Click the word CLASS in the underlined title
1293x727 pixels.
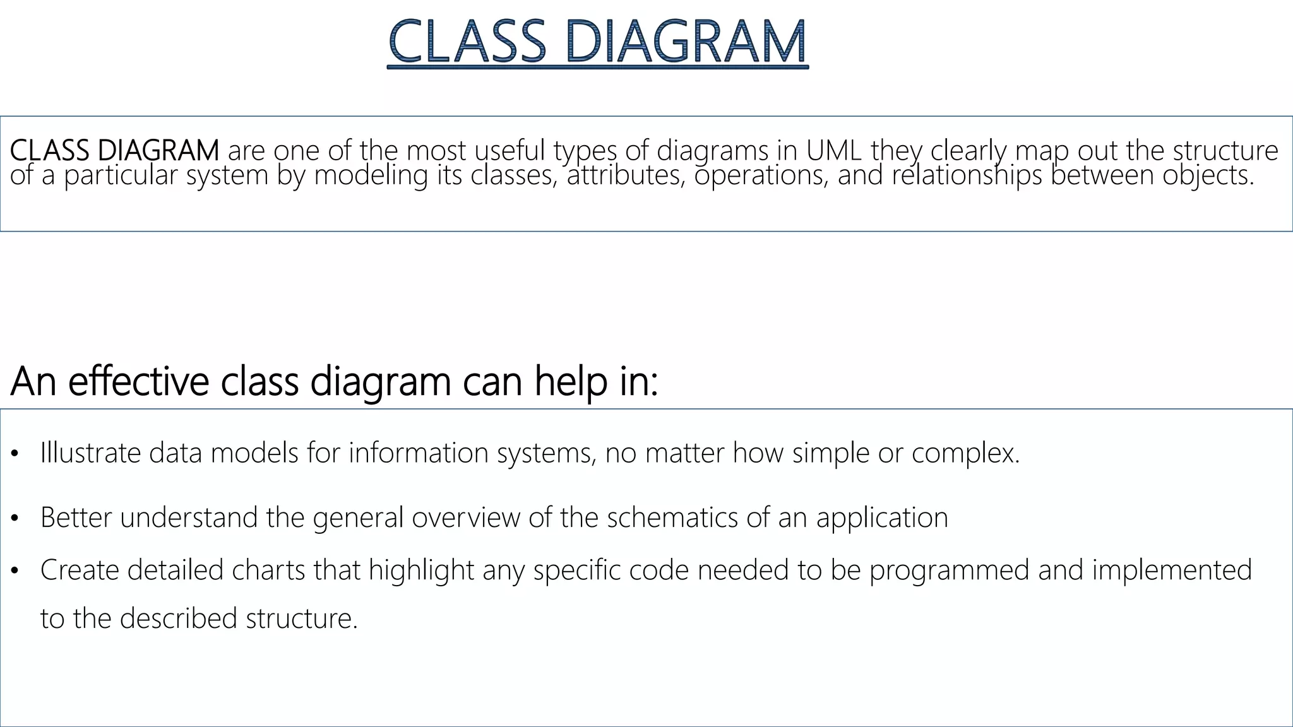coord(467,42)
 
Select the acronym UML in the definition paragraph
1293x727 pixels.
coord(834,151)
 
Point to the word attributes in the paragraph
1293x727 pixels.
coord(626,175)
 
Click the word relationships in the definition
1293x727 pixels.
coord(967,175)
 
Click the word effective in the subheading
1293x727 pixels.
coord(138,381)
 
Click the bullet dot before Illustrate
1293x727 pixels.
coord(15,454)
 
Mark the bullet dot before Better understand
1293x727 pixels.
coord(15,519)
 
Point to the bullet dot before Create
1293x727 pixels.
coord(15,571)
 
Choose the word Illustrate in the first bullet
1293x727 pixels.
coord(90,453)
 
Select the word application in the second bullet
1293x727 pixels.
coord(882,517)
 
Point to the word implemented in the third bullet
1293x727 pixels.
coord(1172,570)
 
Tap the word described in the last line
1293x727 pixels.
coord(178,618)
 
